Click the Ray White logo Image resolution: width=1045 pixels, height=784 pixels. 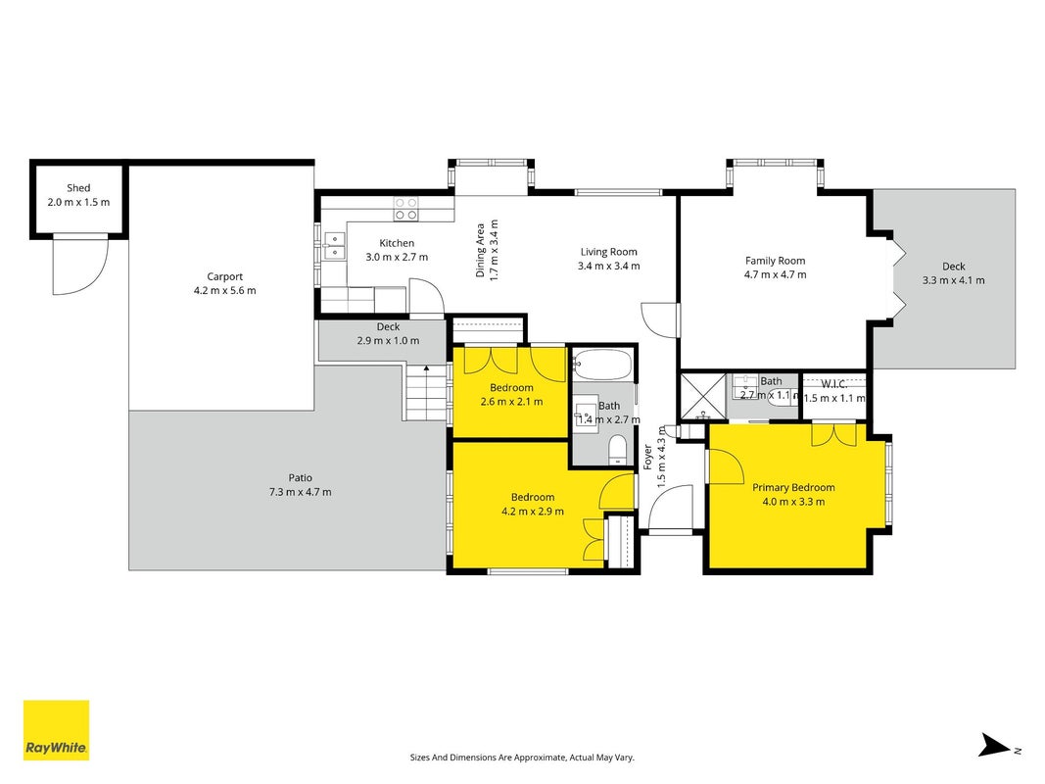click(56, 730)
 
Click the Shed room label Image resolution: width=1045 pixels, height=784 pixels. click(78, 188)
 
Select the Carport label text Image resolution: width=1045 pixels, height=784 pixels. click(224, 276)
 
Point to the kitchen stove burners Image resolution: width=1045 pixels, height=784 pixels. click(405, 208)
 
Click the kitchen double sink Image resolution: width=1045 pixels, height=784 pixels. click(334, 246)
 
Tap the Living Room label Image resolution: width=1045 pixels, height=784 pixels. click(608, 252)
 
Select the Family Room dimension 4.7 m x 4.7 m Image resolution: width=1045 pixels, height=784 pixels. click(775, 274)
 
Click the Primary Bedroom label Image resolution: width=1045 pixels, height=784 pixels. click(793, 487)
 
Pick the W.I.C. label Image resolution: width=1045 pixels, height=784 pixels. click(833, 384)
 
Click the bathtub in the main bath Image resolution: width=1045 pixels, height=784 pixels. click(601, 365)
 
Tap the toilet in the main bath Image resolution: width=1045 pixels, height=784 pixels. click(618, 450)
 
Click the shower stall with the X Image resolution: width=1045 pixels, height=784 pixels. click(703, 397)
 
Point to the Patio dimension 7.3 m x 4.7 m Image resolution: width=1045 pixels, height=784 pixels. click(300, 492)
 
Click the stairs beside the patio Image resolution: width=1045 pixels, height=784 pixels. click(424, 392)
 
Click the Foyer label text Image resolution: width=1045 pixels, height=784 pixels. click(647, 458)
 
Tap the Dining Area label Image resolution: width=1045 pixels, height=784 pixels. click(480, 250)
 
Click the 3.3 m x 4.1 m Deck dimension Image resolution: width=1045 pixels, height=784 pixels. click(953, 280)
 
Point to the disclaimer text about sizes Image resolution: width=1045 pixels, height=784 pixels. click(522, 758)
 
